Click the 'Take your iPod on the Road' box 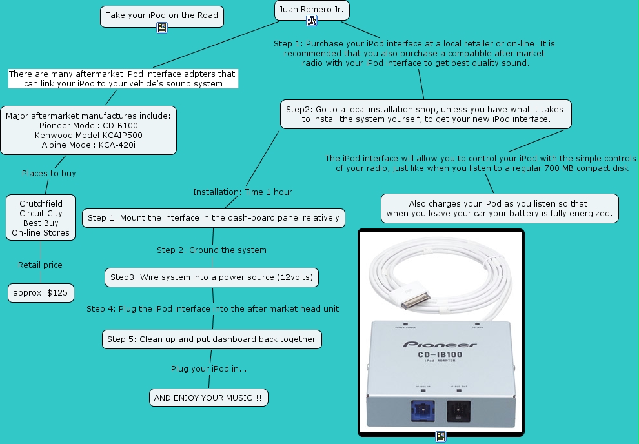162,15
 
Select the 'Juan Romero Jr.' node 312,10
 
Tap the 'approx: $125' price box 41,293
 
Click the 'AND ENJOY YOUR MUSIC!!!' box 208,398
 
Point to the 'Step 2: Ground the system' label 211,250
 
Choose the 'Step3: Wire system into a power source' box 212,277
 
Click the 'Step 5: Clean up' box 211,339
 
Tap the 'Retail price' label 40,265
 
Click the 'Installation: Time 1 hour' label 243,192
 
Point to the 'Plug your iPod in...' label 208,368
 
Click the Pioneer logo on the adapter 440,344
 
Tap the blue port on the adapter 423,410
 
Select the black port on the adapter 459,410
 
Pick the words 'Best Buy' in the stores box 41,223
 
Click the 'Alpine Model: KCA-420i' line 88,145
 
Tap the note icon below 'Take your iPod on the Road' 162,28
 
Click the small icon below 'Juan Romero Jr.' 312,21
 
